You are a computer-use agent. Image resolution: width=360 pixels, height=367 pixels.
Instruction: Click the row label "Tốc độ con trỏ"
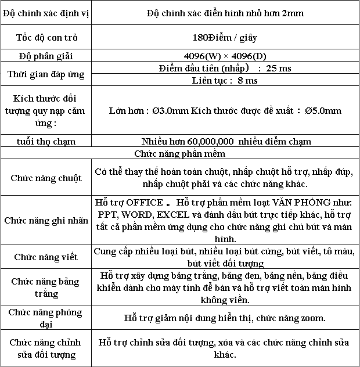[46, 38]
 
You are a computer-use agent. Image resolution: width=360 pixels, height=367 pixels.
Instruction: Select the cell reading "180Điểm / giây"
[225, 38]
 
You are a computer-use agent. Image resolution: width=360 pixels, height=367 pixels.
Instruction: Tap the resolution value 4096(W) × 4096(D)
[225, 56]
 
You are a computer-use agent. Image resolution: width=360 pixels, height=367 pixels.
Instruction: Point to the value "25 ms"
[278, 69]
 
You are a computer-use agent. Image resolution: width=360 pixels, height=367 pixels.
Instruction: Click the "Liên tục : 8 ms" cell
[225, 81]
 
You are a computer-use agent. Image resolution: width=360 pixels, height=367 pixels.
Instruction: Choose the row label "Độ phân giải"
[46, 56]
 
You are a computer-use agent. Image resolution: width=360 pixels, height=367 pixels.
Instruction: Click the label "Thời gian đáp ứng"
[46, 74]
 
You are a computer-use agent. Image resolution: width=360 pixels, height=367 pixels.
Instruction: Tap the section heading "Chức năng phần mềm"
[179, 154]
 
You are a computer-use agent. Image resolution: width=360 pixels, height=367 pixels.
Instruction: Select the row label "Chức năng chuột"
[46, 178]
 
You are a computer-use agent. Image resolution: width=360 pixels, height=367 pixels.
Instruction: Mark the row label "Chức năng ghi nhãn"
[46, 221]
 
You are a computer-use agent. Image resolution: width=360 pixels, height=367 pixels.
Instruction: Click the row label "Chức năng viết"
[46, 257]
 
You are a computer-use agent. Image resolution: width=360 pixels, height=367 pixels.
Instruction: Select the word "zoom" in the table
[312, 318]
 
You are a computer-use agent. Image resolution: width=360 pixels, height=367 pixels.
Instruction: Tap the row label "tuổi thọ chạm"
[46, 141]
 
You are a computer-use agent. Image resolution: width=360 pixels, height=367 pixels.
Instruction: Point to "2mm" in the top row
[291, 12]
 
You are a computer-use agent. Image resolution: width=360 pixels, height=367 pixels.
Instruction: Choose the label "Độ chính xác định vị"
[46, 12]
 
